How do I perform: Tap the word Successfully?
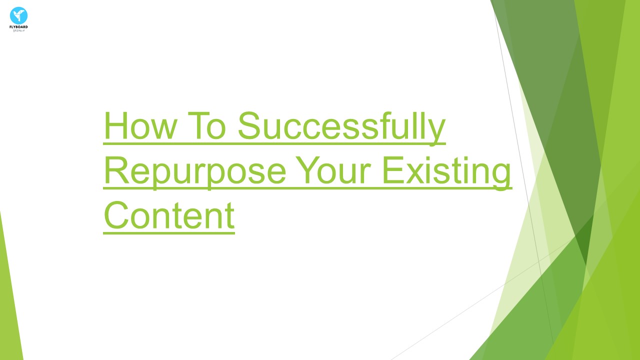pos(341,126)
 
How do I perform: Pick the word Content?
pos(169,215)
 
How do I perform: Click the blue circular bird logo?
pos(18,15)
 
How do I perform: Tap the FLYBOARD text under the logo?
pos(18,27)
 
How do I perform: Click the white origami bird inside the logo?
pos(18,14)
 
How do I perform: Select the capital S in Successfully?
pos(250,126)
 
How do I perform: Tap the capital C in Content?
pos(116,215)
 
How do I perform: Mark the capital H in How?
pos(115,126)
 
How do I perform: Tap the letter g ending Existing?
pos(500,175)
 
